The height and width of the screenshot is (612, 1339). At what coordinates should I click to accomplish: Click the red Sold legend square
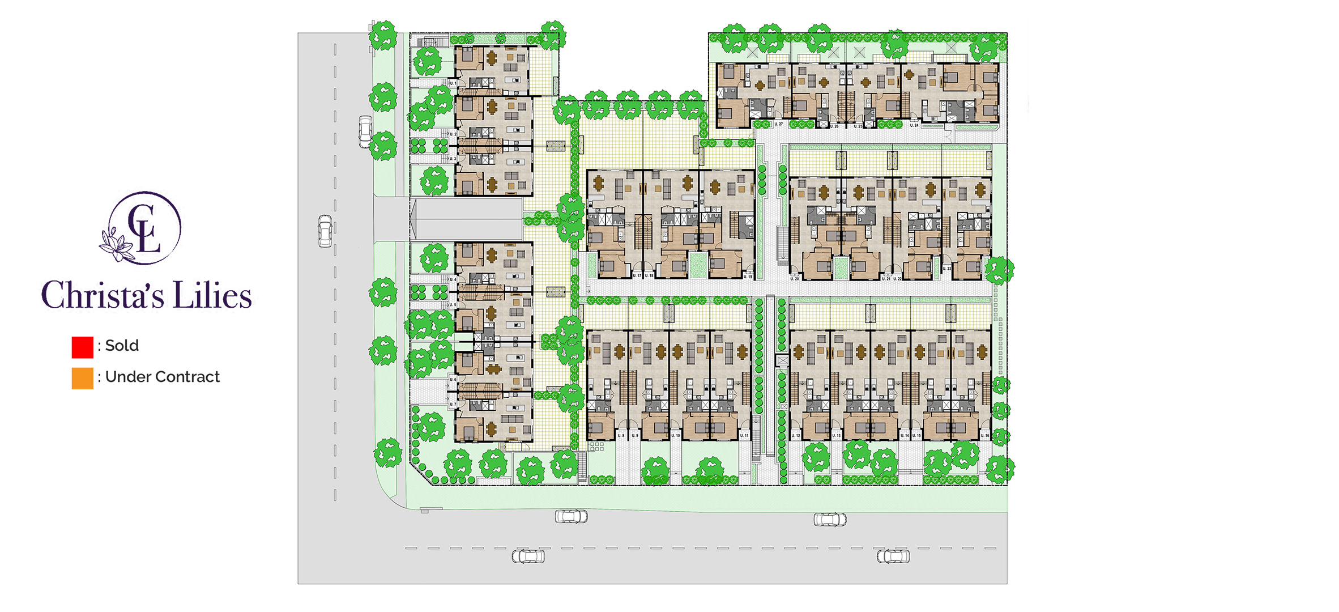82,347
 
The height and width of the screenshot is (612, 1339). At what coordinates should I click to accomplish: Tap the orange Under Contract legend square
82,379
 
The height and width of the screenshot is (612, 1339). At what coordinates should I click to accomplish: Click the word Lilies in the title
212,295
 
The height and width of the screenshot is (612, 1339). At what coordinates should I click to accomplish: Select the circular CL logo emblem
144,228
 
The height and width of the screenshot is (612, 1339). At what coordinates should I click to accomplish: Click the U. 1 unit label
453,83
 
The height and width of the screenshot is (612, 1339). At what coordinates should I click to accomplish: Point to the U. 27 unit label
779,124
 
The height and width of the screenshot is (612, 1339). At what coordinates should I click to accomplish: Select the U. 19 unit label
748,277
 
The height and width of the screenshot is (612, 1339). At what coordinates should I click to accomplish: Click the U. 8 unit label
621,435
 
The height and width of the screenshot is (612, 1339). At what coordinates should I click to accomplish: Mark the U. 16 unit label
985,435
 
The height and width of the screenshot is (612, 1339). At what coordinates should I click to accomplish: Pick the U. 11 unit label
744,435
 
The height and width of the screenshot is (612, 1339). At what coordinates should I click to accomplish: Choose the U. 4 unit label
453,279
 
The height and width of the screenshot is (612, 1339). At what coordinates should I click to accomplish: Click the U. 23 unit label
946,269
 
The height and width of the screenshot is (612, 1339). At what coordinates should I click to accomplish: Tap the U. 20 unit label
795,279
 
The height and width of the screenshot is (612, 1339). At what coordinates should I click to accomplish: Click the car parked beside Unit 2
365,131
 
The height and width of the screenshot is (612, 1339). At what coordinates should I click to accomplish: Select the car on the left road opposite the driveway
325,231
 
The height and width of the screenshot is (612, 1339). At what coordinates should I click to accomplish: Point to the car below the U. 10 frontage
571,516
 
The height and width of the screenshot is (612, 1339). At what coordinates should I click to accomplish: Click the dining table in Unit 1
492,57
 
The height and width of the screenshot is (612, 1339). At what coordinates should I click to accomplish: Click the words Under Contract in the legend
162,377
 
